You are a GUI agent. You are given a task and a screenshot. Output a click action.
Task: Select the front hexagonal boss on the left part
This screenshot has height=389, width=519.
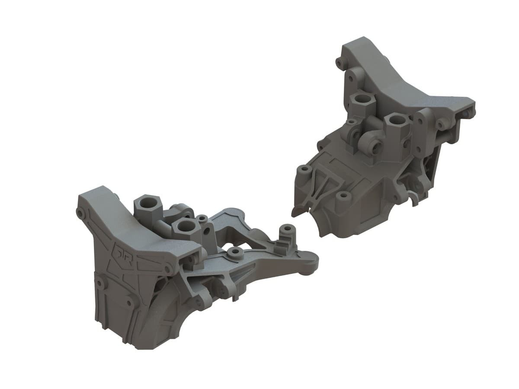pos(185,226)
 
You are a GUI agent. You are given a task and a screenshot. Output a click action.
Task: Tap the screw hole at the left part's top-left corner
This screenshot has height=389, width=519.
pos(80,214)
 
